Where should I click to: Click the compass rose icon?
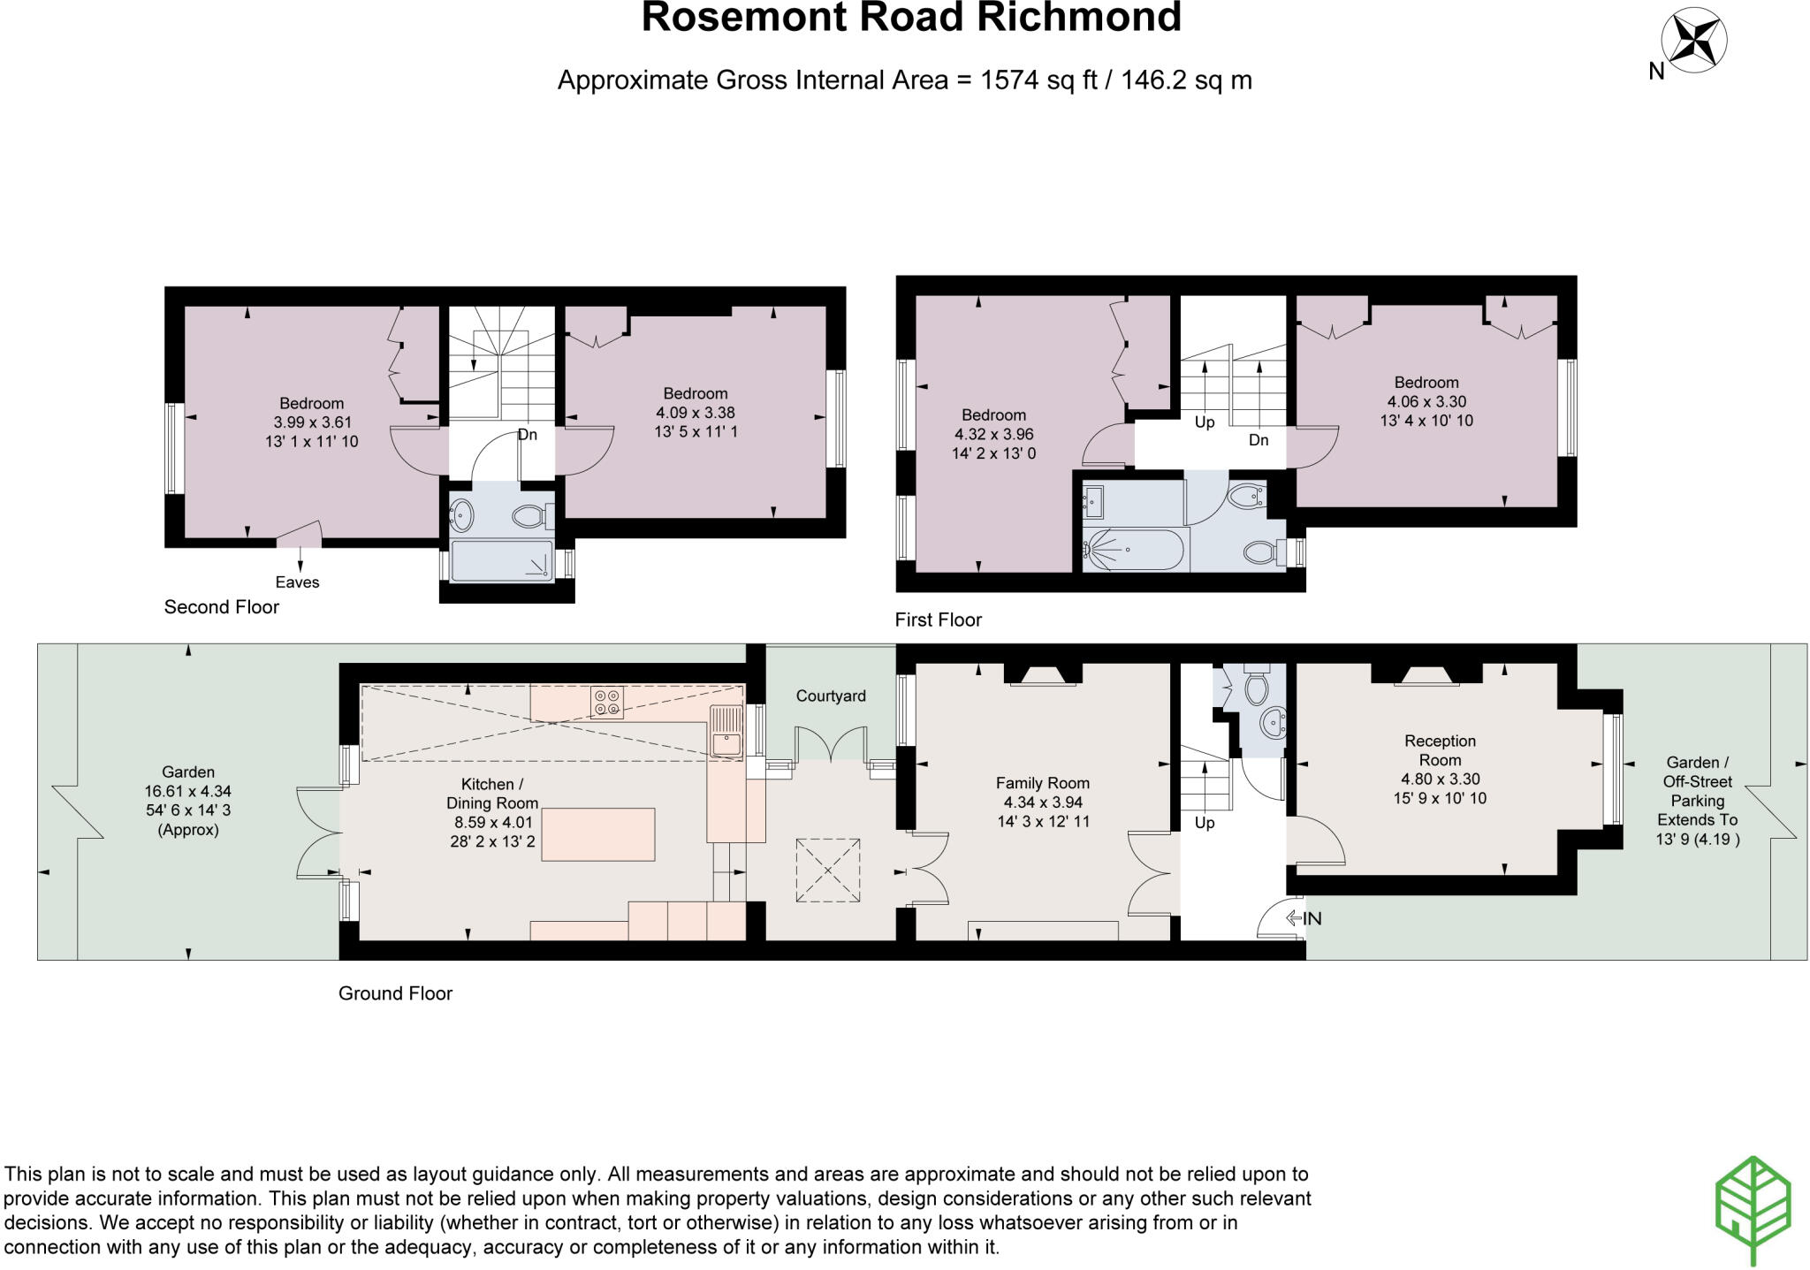tap(1693, 40)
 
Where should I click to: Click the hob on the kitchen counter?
tap(606, 702)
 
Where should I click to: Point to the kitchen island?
tap(597, 833)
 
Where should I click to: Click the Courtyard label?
tap(830, 696)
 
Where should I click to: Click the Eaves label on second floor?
tap(297, 582)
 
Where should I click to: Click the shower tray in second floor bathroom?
tap(501, 561)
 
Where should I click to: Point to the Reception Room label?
tap(1440, 750)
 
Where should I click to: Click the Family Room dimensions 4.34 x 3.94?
tap(1042, 802)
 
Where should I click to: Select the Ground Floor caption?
tap(395, 993)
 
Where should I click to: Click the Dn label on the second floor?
tap(527, 435)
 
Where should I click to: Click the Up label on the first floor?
tap(1204, 422)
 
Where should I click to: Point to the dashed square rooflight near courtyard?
tap(828, 871)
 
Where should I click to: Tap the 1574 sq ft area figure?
tap(1038, 80)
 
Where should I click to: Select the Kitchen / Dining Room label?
tap(491, 793)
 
